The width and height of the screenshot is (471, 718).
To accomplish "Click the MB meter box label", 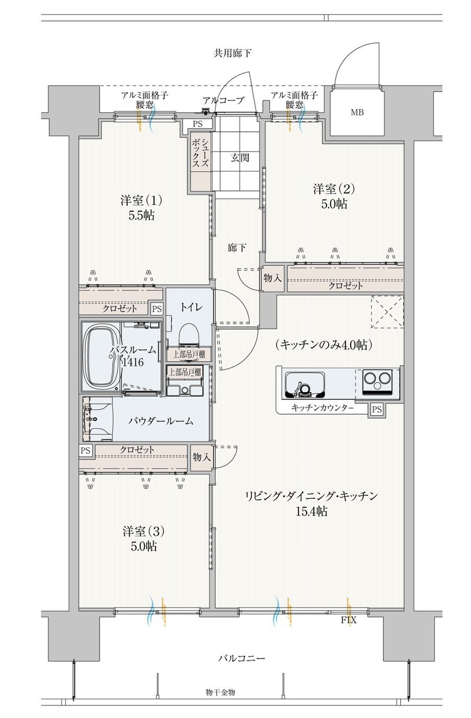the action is [x=357, y=112].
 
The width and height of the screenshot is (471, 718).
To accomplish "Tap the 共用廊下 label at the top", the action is [x=232, y=53].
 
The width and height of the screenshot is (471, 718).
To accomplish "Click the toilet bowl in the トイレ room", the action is [x=189, y=335].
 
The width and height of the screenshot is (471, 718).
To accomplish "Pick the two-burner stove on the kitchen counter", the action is [x=377, y=382].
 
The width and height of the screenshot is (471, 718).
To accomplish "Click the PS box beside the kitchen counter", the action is [x=377, y=409].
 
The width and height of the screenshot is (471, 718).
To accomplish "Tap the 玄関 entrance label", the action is [x=240, y=157].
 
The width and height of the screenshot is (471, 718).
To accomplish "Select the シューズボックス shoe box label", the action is [x=200, y=153].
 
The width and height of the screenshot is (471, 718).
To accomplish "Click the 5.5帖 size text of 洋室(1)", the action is [x=141, y=215].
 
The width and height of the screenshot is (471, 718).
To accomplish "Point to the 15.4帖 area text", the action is [x=311, y=511].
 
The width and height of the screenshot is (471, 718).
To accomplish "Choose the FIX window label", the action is [x=349, y=620].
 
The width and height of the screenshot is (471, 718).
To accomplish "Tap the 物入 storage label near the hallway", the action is [x=273, y=278].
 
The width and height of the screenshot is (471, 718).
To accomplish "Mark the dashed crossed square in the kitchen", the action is [x=387, y=312].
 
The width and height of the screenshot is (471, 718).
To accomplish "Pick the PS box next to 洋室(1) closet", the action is [x=156, y=309].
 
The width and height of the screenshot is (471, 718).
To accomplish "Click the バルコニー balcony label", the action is [x=242, y=659].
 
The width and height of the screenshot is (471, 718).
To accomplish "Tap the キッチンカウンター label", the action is [x=322, y=408].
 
